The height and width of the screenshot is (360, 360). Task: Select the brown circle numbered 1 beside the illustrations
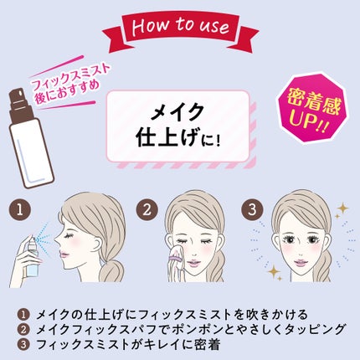20,209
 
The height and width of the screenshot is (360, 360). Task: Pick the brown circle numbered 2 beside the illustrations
147,209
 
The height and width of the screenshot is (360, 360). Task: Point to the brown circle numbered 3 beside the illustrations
252,209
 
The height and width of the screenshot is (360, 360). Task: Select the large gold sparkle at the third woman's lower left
274,271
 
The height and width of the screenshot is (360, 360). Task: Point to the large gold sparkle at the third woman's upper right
342,208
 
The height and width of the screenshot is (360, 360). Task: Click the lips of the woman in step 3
301,263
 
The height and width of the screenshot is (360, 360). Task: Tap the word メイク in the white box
177,112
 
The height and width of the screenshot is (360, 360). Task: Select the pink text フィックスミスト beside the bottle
70,76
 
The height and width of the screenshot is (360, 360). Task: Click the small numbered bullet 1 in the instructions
23,315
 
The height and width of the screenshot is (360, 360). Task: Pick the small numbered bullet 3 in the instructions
23,344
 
